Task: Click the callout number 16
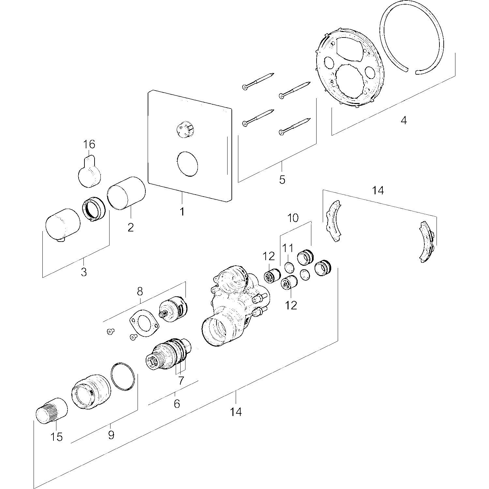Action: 89,144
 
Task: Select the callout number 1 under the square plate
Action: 182,212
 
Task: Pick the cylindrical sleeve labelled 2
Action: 127,194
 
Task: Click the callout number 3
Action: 84,272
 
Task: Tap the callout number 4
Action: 404,121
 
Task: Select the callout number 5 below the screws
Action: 282,179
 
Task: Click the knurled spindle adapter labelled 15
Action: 51,411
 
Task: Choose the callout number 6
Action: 177,404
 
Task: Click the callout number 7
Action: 181,380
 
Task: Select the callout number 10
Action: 293,218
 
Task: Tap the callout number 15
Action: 57,437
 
